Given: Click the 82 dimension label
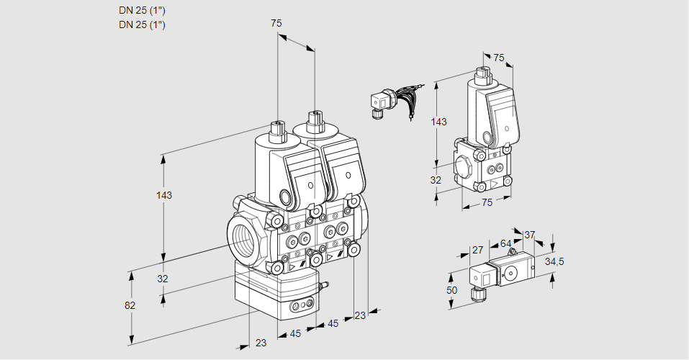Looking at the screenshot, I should pos(130,305).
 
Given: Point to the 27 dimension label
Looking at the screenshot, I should pos(477,251).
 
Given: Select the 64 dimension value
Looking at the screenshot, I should pos(505,244).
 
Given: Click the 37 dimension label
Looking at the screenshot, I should pos(529,234).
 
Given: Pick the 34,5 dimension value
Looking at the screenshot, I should pos(554,261).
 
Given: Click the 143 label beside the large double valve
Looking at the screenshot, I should pos(165,195).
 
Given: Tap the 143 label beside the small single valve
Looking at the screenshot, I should pos(438,122).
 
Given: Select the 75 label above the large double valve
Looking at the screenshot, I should pos(276,23).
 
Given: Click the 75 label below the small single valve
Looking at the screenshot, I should pos(487,203).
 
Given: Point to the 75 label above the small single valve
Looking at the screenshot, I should pos(499,58).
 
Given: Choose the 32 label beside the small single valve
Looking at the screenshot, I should pos(436,180).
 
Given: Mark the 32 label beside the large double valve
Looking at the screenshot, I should pos(163,279).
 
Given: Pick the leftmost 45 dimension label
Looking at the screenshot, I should pos(294,333).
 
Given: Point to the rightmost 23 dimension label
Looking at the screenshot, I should pos(360,315).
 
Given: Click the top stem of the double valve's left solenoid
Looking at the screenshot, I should pos(277,130).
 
